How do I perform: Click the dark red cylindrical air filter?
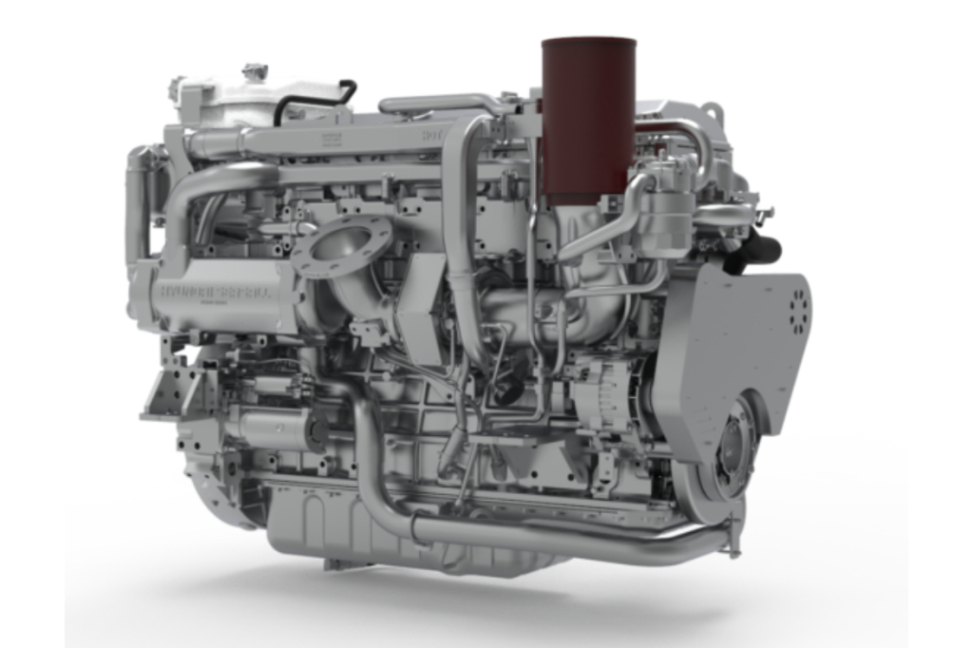point(588,119)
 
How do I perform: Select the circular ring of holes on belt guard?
point(796,306)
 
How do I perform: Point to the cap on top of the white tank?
point(254,72)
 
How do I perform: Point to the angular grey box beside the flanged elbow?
point(418,318)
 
